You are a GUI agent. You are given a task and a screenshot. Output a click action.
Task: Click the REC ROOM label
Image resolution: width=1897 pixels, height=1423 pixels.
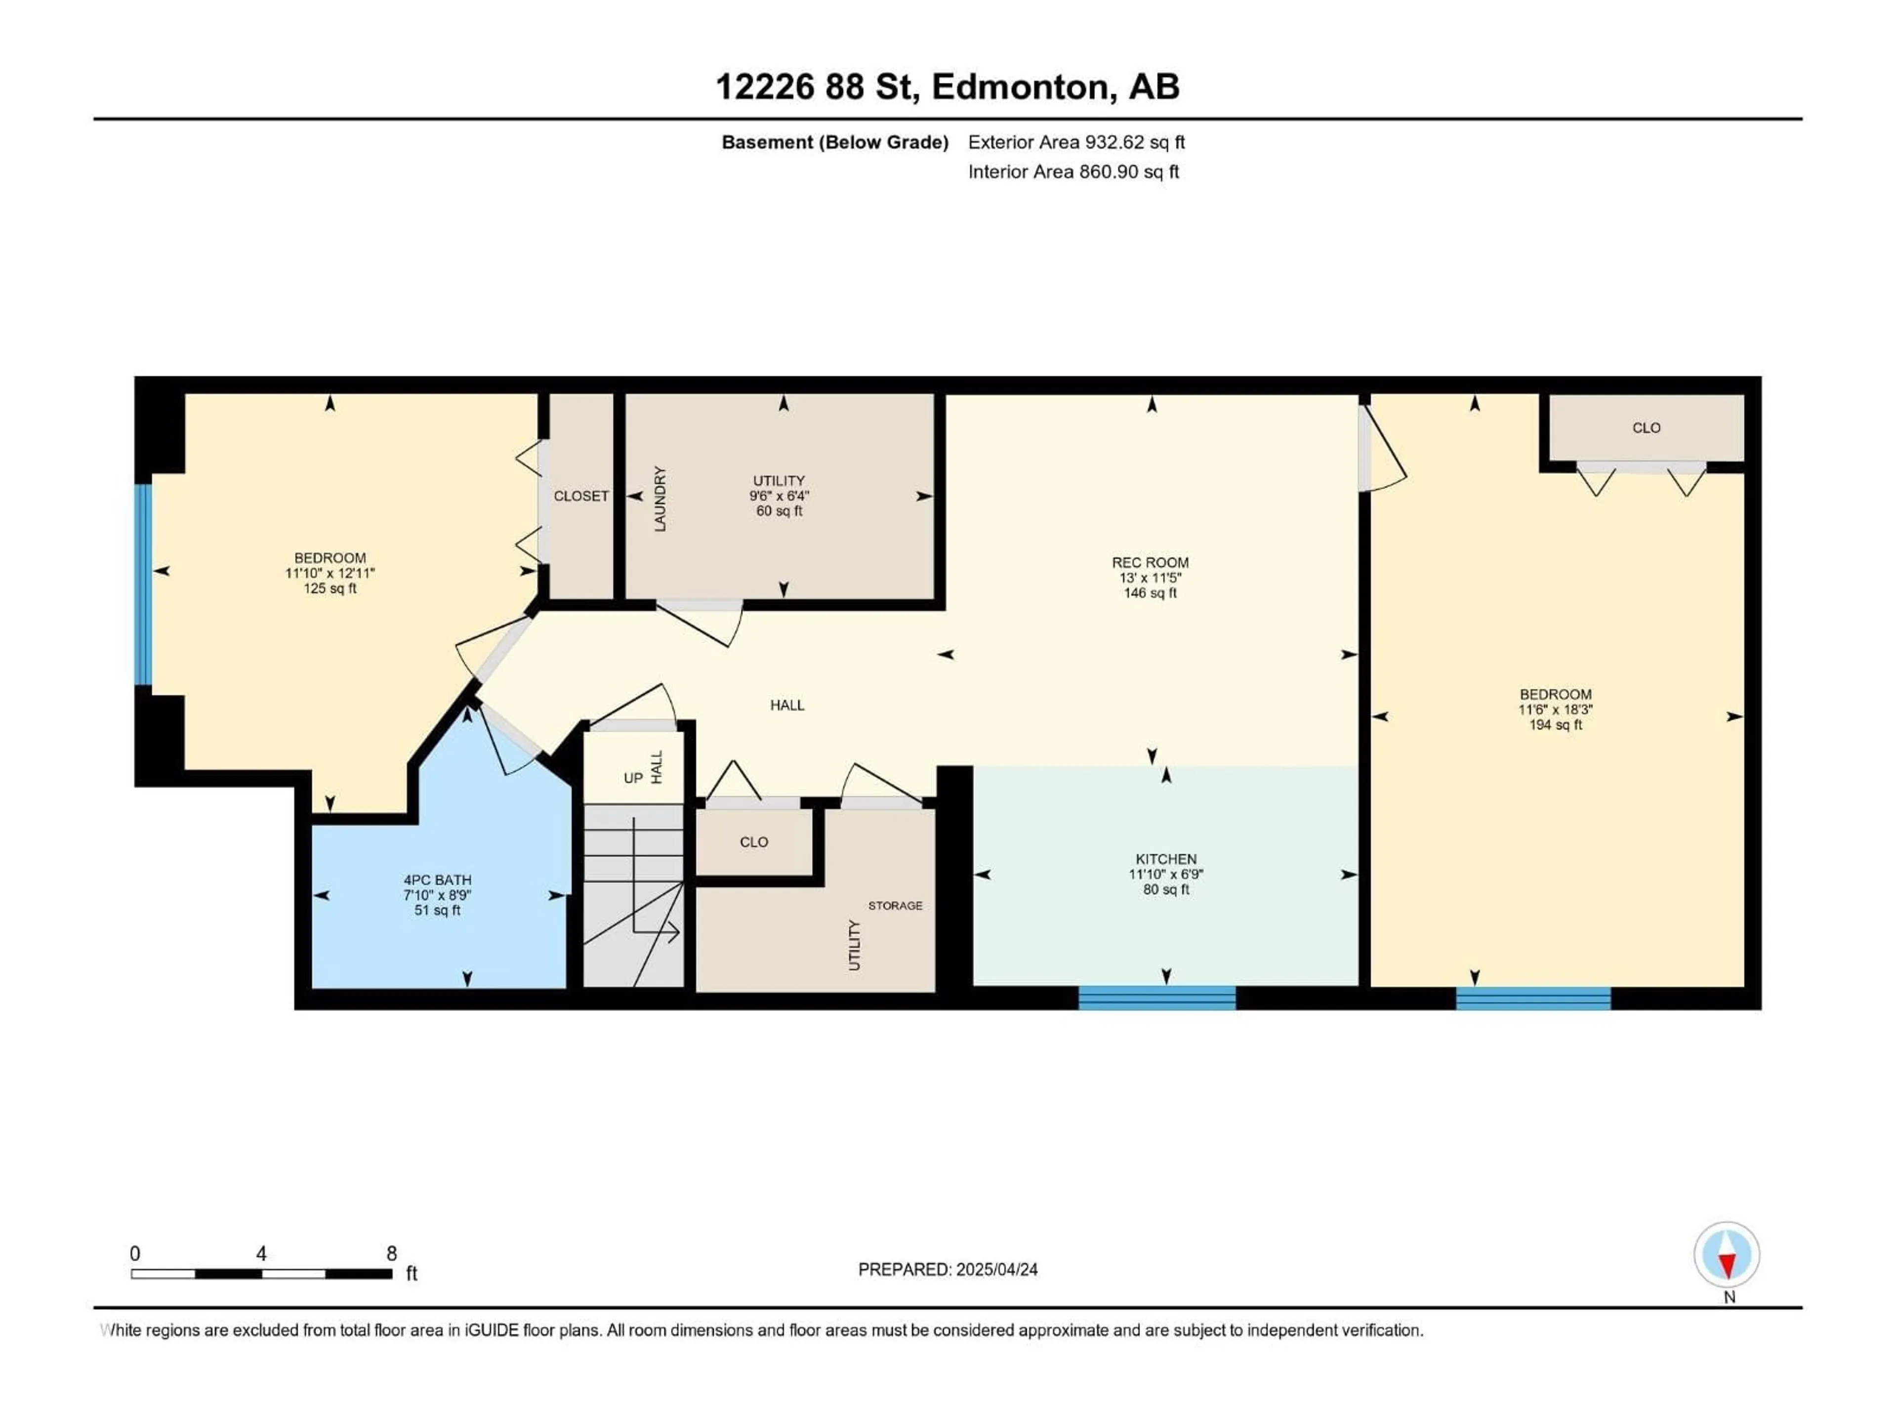pos(1150,563)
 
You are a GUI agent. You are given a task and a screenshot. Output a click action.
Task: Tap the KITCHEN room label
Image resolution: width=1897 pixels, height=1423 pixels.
pos(1165,859)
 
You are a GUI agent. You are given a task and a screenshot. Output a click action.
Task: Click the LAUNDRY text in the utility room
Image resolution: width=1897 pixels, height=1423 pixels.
pos(660,499)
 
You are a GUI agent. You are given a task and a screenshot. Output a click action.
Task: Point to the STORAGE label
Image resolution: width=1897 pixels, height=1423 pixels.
pos(895,905)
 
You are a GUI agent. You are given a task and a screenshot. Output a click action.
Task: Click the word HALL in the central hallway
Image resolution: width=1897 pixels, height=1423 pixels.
pos(786,705)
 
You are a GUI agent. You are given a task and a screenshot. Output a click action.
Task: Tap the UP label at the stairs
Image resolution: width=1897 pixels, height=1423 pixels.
pos(633,778)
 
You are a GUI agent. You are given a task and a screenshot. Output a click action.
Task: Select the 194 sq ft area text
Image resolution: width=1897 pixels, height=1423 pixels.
pos(1555,725)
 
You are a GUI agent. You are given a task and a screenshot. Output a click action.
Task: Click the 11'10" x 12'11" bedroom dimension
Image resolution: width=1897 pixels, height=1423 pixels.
pos(330,573)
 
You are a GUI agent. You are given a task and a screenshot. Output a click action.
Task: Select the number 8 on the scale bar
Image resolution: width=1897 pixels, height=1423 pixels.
pos(391,1253)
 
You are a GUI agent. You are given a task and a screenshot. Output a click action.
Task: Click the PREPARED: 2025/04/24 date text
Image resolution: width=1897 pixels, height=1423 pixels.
pos(948,1269)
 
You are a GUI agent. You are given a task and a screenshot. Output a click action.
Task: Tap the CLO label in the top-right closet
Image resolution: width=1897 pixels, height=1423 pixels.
pos(1646,427)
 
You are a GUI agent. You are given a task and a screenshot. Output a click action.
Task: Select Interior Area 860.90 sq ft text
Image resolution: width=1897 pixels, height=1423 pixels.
pos(1073,171)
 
